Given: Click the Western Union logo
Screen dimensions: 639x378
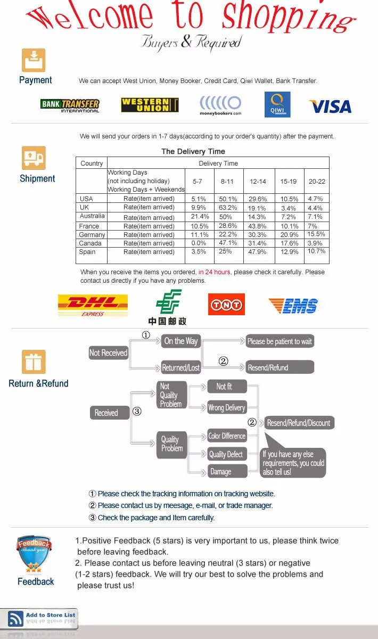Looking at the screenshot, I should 150,105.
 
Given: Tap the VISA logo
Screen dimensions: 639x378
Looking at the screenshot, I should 330,106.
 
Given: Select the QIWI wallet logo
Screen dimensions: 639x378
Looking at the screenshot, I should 277,104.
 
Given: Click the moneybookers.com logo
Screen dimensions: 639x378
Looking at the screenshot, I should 220,105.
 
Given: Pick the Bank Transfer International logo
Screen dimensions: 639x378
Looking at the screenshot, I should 70,105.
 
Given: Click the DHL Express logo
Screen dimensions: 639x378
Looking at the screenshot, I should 93,305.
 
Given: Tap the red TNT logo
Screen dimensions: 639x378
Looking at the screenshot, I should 226,305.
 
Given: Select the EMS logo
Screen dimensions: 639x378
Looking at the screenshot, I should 293,306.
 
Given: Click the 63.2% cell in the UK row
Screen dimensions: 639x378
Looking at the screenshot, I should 228,208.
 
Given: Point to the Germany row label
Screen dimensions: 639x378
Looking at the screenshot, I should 92,235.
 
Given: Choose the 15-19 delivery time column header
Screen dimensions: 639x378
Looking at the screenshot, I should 289,182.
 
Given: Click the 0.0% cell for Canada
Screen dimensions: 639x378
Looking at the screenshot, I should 198,243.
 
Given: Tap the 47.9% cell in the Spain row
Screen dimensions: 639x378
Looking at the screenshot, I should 257,252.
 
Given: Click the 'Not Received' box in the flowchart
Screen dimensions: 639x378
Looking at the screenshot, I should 109,353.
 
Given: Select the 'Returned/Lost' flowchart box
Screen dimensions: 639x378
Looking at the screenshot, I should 181,367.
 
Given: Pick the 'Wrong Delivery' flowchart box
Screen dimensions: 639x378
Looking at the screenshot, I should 226,407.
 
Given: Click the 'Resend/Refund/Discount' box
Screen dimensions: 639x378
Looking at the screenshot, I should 299,423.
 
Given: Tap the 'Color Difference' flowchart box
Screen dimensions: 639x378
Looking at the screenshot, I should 227,436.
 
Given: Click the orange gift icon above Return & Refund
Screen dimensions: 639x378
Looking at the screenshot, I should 34,362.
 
